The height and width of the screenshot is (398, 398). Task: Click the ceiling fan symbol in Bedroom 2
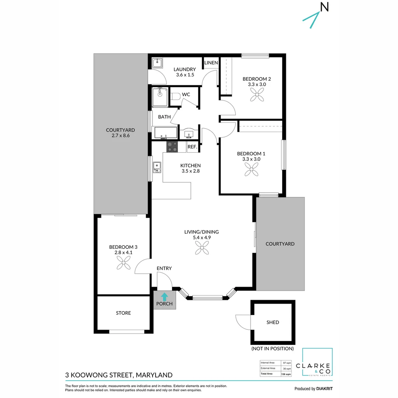click(255, 96)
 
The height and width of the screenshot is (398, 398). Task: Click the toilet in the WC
click(176, 97)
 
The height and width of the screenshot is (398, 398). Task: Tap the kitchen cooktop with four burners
click(172, 147)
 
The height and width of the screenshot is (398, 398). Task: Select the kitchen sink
click(157, 167)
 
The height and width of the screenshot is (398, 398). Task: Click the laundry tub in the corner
click(157, 62)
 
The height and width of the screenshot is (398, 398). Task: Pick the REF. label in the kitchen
click(192, 147)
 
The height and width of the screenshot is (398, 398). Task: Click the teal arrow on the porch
click(164, 296)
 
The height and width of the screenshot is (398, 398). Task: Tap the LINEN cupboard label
click(211, 63)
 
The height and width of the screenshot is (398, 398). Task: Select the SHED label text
click(273, 322)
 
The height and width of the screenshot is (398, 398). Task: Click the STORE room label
click(123, 313)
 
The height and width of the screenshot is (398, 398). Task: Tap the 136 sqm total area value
click(286, 374)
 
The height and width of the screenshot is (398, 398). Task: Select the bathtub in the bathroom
click(165, 133)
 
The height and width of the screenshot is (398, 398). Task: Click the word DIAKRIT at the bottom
click(325, 388)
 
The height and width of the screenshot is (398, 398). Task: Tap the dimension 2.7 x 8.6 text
click(121, 136)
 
